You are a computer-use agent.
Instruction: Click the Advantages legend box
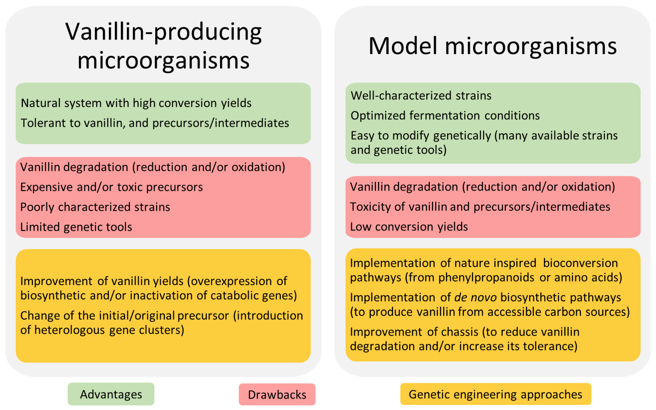(111, 394)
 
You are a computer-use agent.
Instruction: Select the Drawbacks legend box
(277, 395)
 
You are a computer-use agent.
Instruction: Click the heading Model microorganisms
(492, 46)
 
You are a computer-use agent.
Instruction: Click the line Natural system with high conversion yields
(136, 103)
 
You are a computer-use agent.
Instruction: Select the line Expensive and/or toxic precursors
(111, 187)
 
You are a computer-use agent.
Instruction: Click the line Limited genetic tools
(76, 227)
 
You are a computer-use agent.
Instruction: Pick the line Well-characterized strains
(421, 96)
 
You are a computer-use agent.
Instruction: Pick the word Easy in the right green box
(363, 136)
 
